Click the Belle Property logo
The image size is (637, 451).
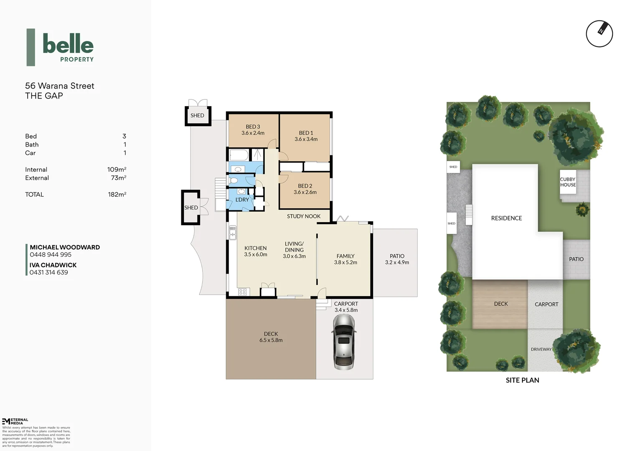61,47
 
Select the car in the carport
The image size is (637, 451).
344,342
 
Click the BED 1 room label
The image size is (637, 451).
306,133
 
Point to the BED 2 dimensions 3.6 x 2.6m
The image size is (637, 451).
305,193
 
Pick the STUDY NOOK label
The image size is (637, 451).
304,216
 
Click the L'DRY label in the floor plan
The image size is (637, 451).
242,200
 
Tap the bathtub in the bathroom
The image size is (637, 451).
239,155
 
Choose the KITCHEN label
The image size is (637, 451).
255,248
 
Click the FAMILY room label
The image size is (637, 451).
345,256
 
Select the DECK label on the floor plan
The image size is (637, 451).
271,334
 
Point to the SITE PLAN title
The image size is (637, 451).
522,380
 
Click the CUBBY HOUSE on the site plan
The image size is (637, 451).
568,182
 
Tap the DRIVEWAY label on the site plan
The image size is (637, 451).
541,349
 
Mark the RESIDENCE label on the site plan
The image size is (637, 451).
506,218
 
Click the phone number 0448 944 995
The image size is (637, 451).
51,255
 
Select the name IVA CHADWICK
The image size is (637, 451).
53,265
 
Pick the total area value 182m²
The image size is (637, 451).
117,195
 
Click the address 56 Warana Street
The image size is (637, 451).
60,86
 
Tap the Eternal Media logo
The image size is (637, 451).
15,421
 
